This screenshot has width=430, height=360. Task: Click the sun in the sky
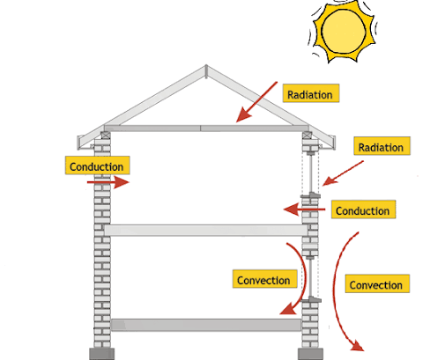click(x=343, y=31)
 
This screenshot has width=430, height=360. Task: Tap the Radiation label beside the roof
click(x=311, y=93)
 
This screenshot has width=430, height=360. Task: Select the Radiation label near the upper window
click(x=382, y=146)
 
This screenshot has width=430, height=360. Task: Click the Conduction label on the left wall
click(x=98, y=165)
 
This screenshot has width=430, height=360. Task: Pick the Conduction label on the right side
click(x=363, y=209)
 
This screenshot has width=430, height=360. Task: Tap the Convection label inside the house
click(x=264, y=279)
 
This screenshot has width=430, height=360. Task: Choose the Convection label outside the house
click(x=377, y=283)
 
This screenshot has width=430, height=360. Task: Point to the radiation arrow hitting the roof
click(x=256, y=102)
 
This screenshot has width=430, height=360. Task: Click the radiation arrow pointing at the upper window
click(x=343, y=173)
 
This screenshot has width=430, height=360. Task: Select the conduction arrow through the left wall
click(x=108, y=182)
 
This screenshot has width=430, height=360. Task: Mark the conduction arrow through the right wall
click(x=304, y=209)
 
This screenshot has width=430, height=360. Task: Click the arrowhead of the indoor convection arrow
click(x=288, y=309)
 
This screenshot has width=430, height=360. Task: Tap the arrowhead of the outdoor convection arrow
click(x=358, y=345)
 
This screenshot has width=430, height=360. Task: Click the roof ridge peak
click(x=206, y=66)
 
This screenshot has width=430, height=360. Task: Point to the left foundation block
click(x=101, y=354)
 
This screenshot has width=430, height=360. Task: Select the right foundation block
click(x=310, y=354)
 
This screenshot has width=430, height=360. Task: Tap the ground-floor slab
click(x=206, y=325)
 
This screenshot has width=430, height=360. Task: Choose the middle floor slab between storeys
click(x=205, y=231)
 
